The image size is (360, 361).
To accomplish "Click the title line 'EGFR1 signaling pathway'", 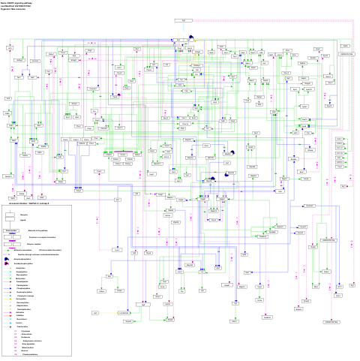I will click(18, 3).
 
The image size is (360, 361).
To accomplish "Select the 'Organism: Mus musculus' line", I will click(18, 10).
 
